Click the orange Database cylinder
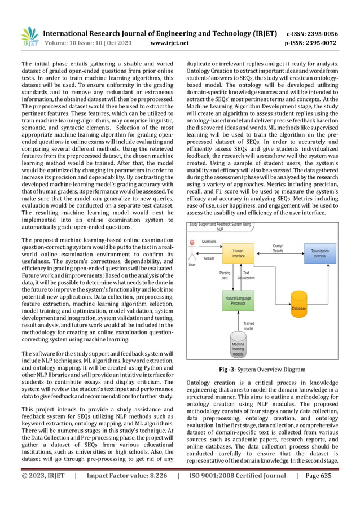point(298,304)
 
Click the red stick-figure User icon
point(192,249)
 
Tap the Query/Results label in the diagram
point(278,249)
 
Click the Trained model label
point(248,326)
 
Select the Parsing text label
point(225,275)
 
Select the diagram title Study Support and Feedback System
point(220,227)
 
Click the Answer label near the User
point(208,259)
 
